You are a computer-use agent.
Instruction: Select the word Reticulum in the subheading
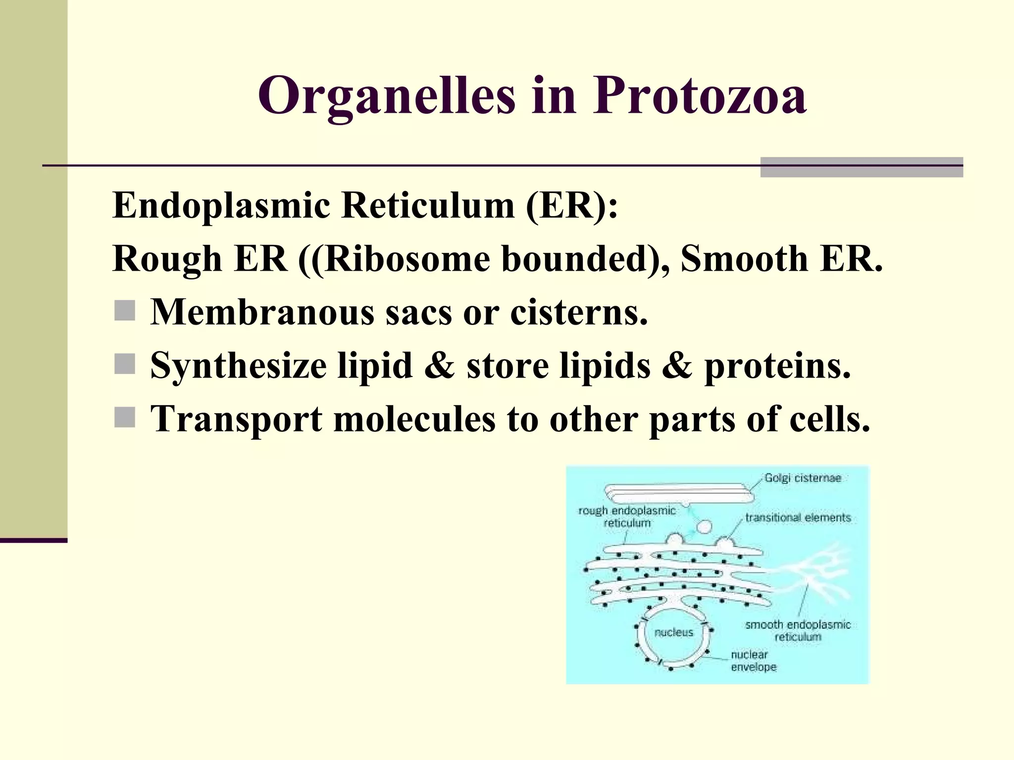428,205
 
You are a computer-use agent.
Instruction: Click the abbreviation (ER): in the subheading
572,205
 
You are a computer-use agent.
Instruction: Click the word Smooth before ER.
744,259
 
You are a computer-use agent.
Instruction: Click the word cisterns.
579,313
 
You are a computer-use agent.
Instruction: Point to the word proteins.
777,366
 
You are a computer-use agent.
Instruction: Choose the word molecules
414,419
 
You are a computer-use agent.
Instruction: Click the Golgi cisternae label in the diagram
803,478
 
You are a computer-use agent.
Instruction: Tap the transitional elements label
798,518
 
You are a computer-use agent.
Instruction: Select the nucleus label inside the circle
673,632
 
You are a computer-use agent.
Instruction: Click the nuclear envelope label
753,661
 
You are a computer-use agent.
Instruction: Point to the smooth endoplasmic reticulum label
798,630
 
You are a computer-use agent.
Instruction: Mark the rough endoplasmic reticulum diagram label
627,517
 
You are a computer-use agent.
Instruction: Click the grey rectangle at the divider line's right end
861,167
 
